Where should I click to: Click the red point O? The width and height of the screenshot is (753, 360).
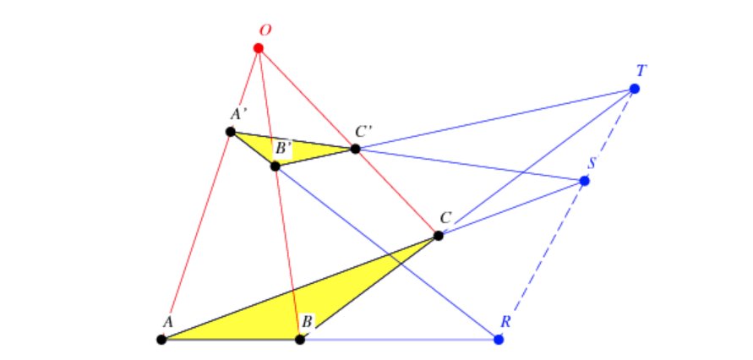259,48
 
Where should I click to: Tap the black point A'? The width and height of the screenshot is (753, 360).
231,132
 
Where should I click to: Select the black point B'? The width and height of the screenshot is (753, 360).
275,166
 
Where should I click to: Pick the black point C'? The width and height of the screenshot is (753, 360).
355,150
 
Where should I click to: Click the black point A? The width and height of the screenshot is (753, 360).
161,340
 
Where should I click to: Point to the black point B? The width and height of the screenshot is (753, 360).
300,340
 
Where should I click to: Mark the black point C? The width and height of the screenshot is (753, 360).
438,236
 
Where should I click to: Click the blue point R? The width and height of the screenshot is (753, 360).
499,340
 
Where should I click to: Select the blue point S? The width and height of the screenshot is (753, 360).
585,181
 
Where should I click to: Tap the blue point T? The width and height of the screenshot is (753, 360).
635,89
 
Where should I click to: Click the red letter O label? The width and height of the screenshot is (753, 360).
265,30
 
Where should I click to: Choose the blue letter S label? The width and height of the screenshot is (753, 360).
592,162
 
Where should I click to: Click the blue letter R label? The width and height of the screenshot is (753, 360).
505,321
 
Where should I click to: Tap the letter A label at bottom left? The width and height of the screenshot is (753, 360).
167,322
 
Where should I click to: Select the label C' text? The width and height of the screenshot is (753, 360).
363,132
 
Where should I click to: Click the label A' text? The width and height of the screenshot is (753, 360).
238,114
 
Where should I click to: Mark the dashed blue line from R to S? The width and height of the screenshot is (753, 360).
542,260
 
